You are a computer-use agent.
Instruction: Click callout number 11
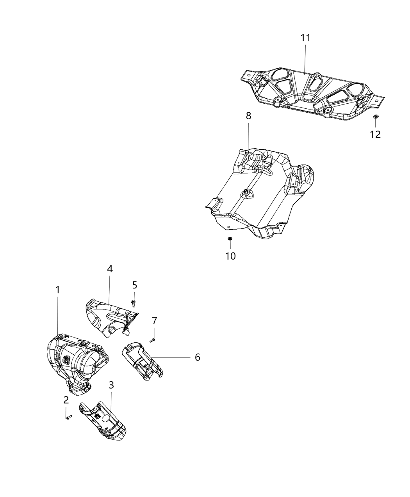point(305,38)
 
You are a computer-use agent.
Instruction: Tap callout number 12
point(375,134)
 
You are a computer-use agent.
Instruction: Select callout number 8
point(249,116)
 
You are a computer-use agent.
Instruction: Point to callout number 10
point(230,256)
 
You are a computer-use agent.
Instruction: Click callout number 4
point(110,269)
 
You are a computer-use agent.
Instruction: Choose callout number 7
point(155,321)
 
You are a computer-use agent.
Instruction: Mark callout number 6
point(198,357)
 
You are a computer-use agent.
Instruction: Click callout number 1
point(58,290)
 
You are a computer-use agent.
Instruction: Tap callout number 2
point(66,400)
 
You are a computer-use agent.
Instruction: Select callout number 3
point(111,385)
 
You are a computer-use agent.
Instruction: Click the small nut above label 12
point(375,117)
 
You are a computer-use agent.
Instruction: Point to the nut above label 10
point(230,239)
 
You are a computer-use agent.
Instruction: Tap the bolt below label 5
point(134,302)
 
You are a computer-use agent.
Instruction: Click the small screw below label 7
point(153,340)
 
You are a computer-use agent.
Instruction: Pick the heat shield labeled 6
point(143,361)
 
